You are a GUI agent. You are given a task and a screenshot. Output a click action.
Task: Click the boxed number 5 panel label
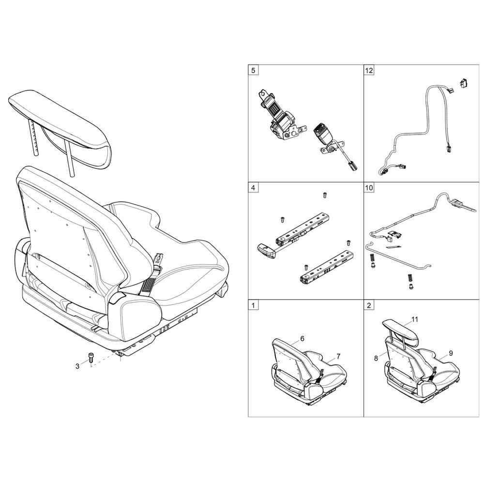pos(253,70)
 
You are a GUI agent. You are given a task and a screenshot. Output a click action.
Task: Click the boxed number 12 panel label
pos(369,70)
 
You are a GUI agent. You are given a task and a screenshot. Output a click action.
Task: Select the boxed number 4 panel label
pos(253,186)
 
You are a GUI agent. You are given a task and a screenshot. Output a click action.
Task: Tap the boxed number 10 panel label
pos(369,186)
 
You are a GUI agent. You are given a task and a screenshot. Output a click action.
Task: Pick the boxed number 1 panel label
pos(253,305)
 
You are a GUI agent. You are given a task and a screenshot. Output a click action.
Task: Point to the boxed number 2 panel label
pos(369,305)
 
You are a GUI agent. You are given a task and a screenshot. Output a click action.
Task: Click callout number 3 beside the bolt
pos(77,366)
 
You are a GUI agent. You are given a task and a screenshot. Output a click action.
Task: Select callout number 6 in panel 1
pos(302,338)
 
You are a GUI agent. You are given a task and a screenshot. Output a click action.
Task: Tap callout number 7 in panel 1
pos(338,356)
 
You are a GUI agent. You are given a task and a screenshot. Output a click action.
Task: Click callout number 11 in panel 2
pos(414,319)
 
